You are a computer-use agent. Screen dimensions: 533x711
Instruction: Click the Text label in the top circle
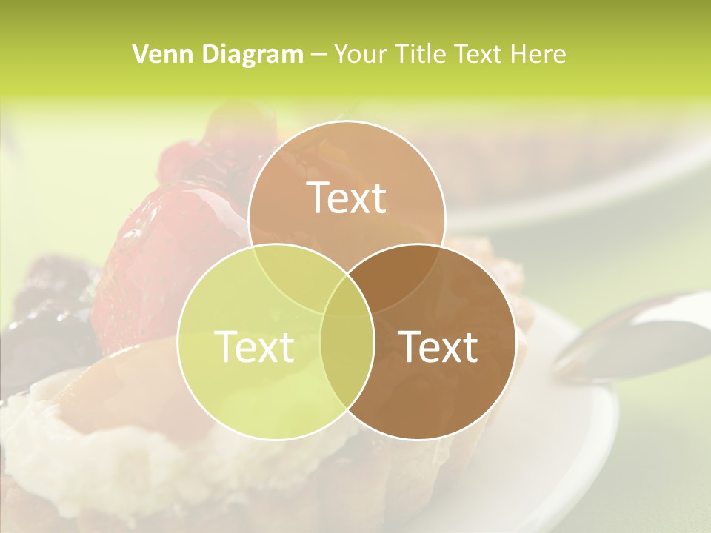coord(347,198)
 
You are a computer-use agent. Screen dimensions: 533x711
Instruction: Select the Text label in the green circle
coord(254,346)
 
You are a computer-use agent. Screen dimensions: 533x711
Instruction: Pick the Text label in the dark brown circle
coord(438,346)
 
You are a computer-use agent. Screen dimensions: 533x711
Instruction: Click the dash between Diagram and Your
coord(319,54)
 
